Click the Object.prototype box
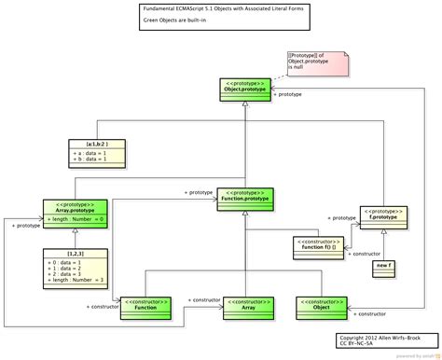pyautogui.click(x=246, y=89)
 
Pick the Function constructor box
pyautogui.click(x=145, y=307)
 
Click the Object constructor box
pyautogui.click(x=322, y=307)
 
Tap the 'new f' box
pyautogui.click(x=382, y=268)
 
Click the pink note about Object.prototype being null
pyautogui.click(x=317, y=63)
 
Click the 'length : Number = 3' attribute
pyautogui.click(x=75, y=280)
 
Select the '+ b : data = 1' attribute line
pyautogui.click(x=91, y=160)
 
